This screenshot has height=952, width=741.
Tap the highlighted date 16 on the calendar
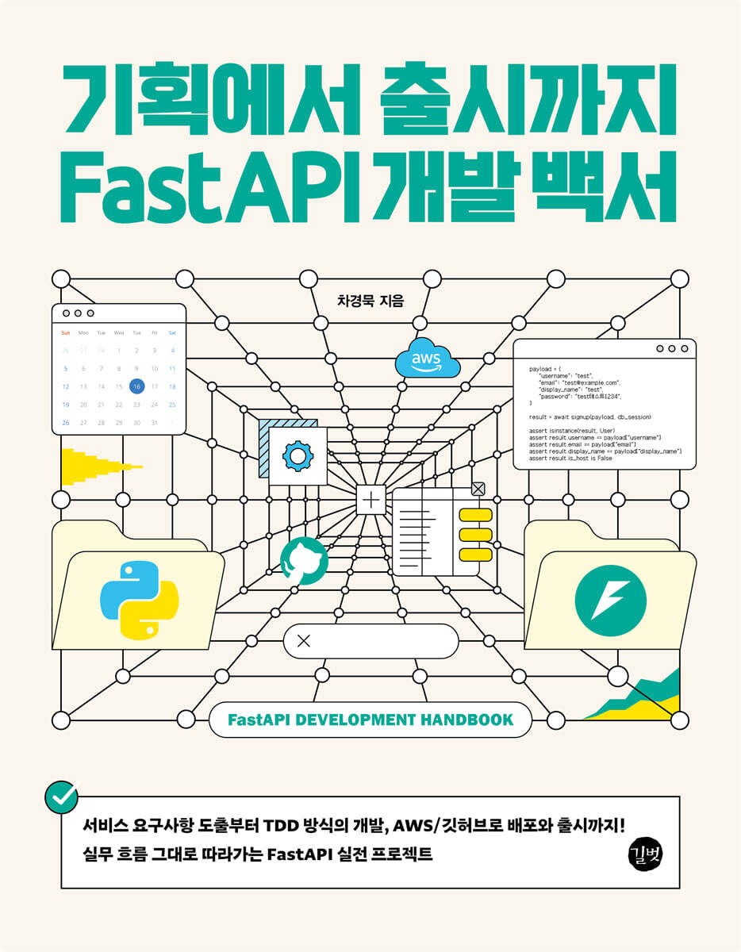pos(136,386)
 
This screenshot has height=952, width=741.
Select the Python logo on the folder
pos(140,600)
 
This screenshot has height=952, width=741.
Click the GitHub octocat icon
pos(304,560)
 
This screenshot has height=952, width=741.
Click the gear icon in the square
pos(298,456)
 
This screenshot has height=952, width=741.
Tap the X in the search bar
pos(303,641)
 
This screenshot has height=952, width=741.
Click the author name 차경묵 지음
pos(370,301)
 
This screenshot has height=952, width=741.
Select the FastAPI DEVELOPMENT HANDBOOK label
pos(370,720)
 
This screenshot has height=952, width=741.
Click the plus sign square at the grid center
pos(370,500)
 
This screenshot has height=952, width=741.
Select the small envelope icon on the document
pos(478,489)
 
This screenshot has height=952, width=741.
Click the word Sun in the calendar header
pos(66,332)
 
